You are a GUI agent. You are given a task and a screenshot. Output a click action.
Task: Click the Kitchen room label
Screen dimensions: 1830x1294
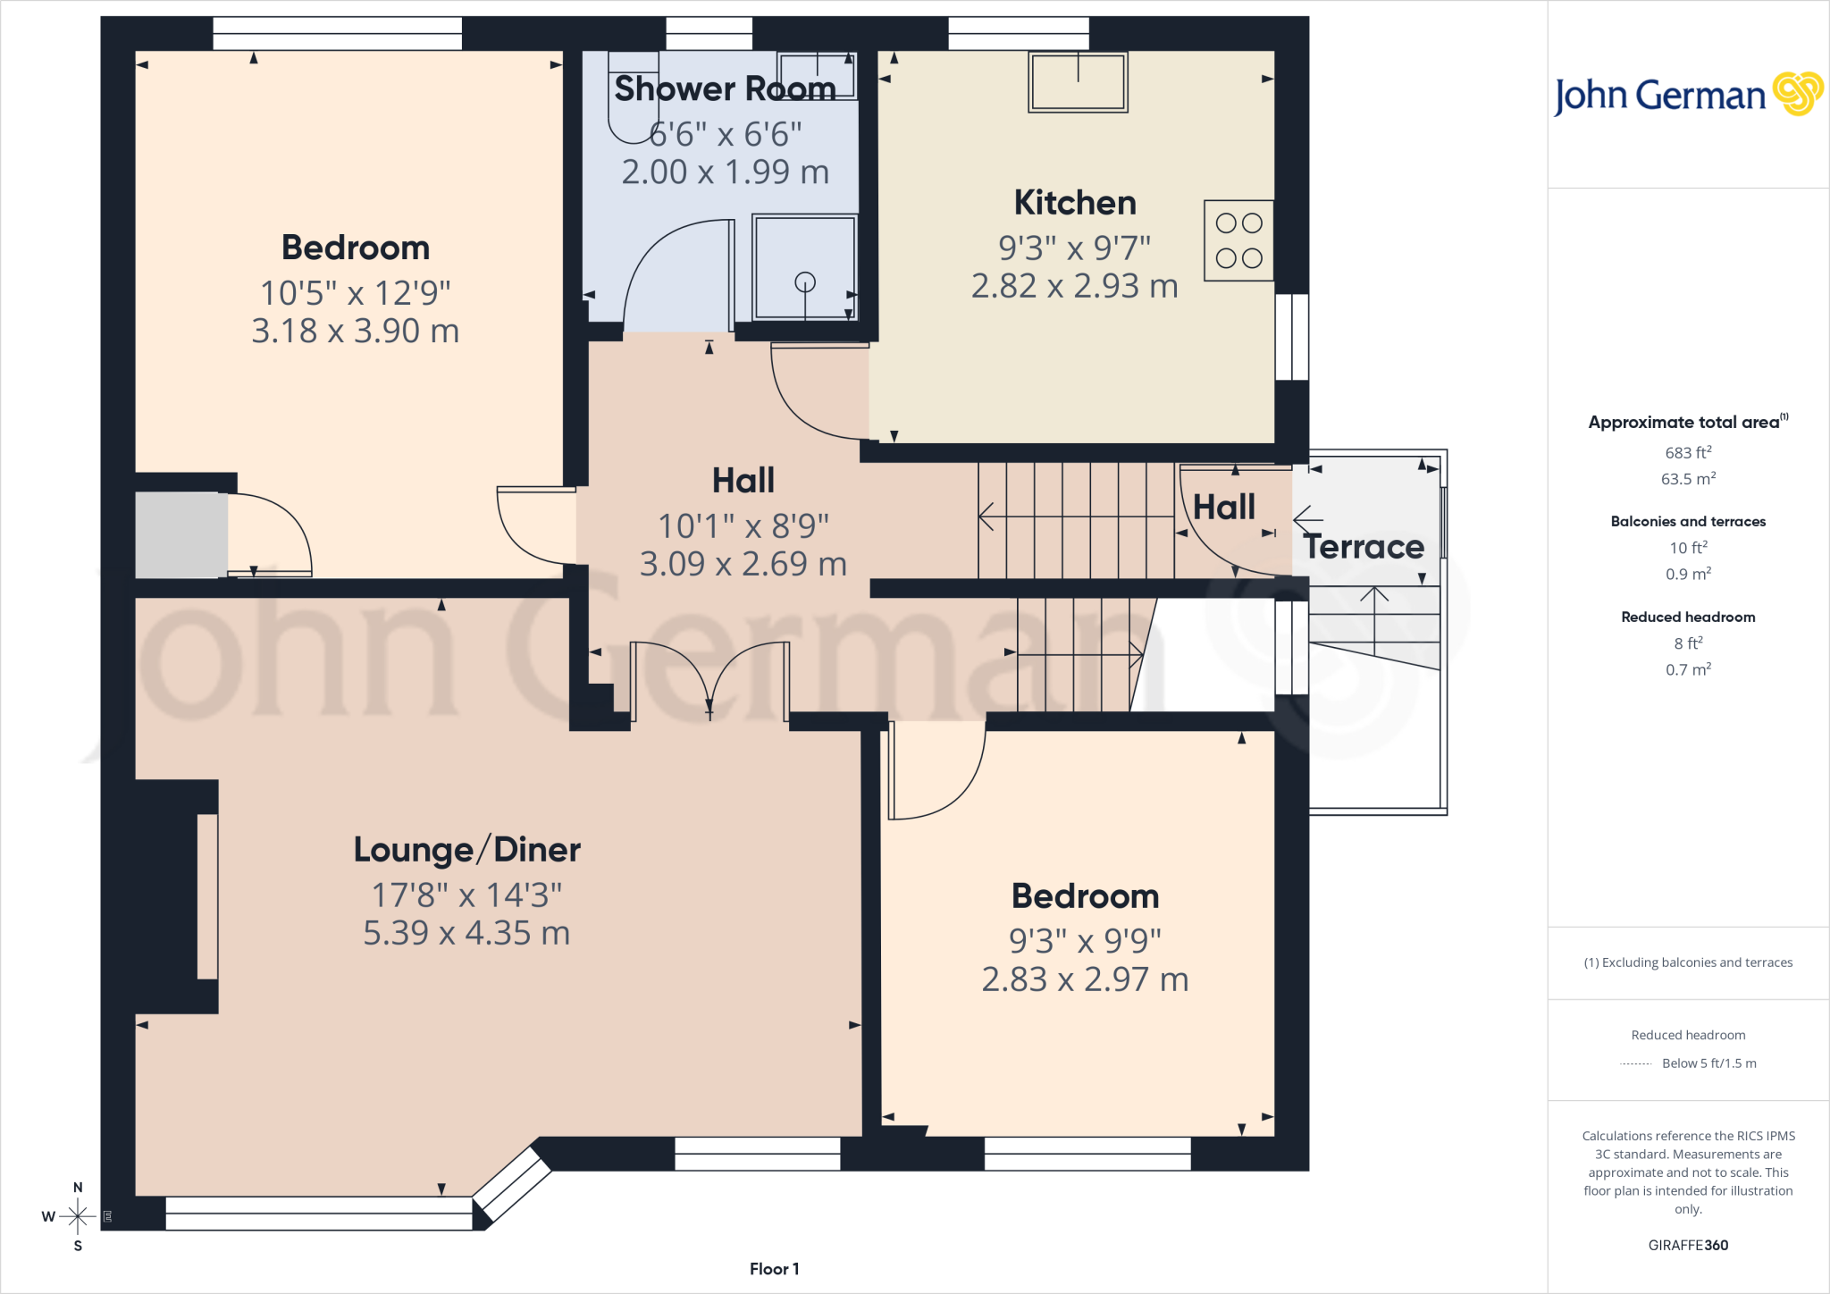[1075, 203]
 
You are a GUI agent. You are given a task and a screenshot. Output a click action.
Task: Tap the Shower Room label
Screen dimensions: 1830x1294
[725, 88]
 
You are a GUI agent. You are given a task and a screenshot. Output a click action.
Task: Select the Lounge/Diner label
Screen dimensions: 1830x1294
[467, 850]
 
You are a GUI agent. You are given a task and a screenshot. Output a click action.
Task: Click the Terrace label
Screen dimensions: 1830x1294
[1364, 547]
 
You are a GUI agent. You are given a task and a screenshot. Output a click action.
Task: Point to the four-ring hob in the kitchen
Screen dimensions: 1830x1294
[1238, 240]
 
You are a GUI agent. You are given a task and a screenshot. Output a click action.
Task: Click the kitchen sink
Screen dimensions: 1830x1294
[1078, 81]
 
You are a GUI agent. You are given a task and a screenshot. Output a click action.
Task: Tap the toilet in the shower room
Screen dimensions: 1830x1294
[633, 97]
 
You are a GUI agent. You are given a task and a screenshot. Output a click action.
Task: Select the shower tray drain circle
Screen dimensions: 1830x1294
[805, 282]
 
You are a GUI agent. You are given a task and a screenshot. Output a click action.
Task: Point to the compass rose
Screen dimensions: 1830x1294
[78, 1215]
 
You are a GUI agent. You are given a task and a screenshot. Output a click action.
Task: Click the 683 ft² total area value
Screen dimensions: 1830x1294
[1688, 452]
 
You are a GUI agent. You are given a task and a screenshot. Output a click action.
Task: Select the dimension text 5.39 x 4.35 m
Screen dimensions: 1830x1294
[466, 933]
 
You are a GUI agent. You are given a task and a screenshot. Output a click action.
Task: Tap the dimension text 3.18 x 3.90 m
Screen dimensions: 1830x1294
[356, 331]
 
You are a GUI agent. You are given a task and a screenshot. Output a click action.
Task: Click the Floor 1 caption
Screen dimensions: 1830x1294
[775, 1269]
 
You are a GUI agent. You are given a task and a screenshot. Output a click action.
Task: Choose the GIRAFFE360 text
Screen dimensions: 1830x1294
[1688, 1245]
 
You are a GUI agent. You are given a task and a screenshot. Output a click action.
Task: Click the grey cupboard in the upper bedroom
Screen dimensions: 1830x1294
[181, 535]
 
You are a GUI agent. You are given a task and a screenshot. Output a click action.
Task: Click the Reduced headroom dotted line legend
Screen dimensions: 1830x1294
[1636, 1063]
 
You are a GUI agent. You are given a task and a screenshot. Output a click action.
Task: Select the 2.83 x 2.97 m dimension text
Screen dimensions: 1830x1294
[1085, 979]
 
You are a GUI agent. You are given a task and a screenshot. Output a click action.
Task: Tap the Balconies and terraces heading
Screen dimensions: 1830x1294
[1688, 521]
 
